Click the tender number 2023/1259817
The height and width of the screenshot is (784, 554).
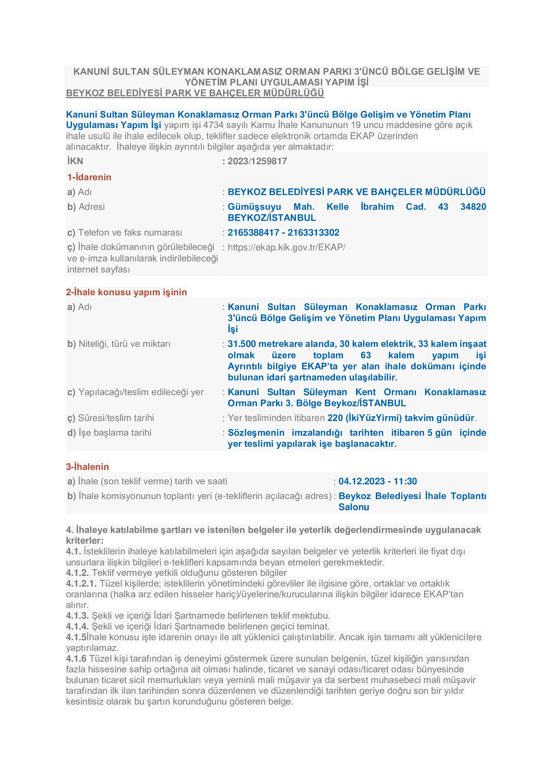(x=257, y=161)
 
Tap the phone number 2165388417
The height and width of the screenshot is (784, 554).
(x=253, y=233)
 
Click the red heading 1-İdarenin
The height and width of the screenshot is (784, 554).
(x=89, y=177)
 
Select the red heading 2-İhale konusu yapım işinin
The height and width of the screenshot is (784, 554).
(x=126, y=292)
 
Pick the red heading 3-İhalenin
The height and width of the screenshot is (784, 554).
(x=87, y=467)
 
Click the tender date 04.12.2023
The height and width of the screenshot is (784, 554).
(x=361, y=481)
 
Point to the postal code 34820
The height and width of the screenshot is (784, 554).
(x=473, y=207)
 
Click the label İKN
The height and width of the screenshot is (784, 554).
(x=75, y=161)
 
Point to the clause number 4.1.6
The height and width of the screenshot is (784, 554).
(x=76, y=659)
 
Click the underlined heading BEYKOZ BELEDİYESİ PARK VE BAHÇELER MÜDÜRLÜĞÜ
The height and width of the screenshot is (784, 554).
(x=195, y=93)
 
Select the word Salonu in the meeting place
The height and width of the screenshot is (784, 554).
(x=353, y=507)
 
